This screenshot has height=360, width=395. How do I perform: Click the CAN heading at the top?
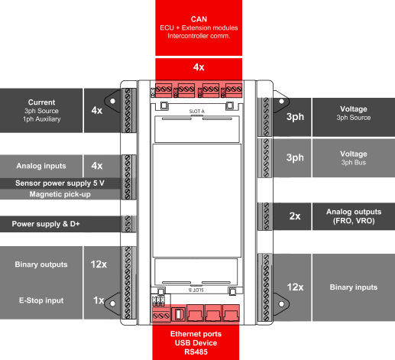199,18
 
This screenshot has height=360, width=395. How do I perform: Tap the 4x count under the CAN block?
199,67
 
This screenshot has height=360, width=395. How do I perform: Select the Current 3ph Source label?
41,110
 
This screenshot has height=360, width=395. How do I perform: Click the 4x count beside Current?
96,110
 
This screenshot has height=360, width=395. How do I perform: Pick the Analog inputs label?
41,165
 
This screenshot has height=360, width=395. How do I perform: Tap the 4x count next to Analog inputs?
96,165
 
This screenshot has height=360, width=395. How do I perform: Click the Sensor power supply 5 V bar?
60,183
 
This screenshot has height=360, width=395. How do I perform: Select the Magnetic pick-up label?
60,194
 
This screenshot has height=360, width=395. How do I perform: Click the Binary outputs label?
41,264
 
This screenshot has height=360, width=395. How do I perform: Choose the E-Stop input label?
41,301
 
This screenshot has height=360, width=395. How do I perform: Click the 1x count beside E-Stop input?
98,301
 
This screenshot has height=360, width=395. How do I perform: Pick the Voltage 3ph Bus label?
354,158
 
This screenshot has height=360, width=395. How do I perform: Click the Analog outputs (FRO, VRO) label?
354,216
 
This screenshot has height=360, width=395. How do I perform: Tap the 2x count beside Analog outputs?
294,216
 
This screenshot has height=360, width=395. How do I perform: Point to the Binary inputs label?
354,287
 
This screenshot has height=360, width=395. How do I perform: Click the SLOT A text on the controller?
197,111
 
